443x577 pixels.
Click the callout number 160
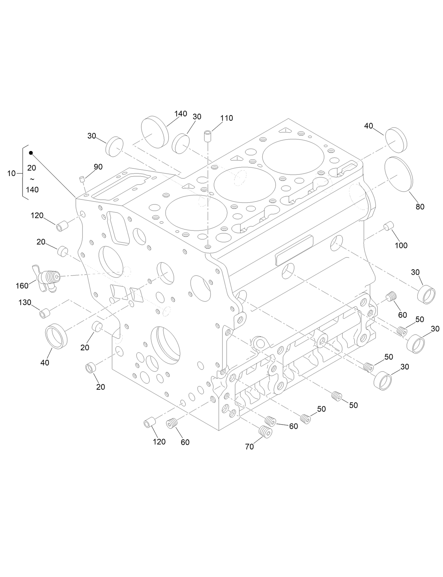pos(22,286)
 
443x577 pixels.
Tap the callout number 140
pos(181,114)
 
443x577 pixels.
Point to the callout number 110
pos(227,118)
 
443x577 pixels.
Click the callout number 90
pos(98,167)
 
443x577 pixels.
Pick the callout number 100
pos(401,245)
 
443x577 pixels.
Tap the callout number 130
pos(25,302)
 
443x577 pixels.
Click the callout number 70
pos(249,447)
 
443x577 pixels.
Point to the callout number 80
pos(420,207)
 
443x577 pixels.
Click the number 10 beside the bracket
pos(11,173)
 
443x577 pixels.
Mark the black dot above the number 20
pos(31,153)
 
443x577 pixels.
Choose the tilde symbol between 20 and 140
pos(32,179)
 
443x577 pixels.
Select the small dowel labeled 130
pos(44,313)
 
